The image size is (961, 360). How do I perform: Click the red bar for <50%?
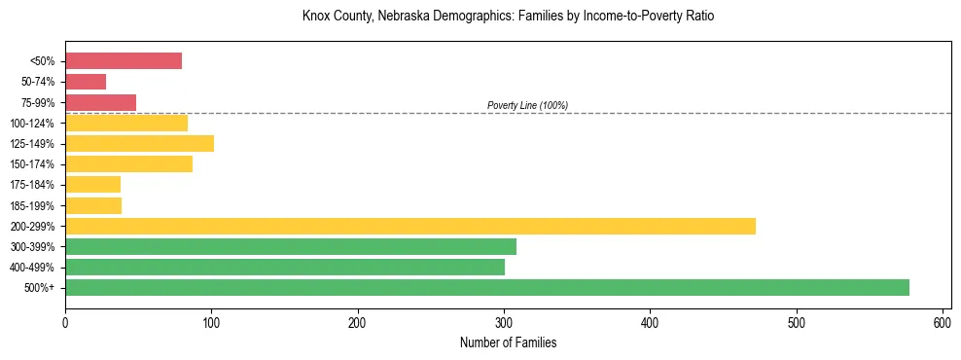point(124,61)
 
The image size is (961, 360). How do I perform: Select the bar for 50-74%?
point(86,82)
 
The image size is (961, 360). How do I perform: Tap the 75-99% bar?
point(100,102)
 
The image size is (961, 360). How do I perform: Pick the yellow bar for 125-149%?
point(139,144)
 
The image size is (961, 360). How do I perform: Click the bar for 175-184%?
point(92,185)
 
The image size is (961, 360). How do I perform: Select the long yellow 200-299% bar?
point(409,226)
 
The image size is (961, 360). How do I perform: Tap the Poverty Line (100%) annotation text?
point(527,105)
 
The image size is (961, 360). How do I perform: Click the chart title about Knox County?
point(508,17)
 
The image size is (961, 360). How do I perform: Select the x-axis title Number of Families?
point(508,342)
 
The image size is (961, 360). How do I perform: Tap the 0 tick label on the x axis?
point(65,322)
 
